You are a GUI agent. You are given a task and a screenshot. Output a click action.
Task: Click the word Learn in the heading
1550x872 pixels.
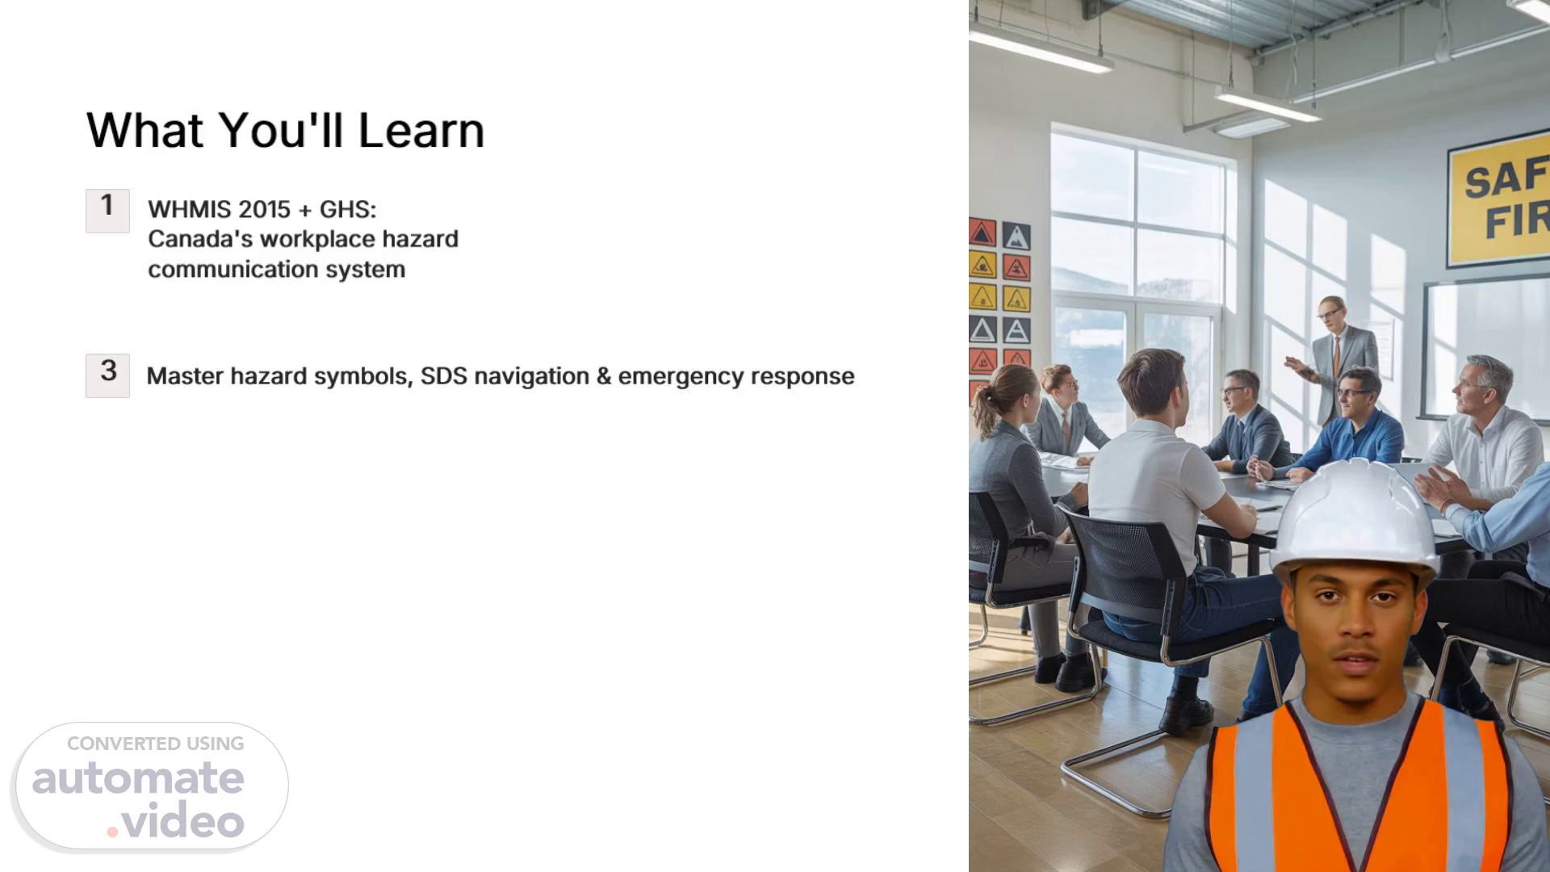(x=421, y=130)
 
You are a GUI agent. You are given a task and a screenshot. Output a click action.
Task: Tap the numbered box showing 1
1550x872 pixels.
(x=107, y=211)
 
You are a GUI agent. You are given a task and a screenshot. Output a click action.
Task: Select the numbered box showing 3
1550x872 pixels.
(x=107, y=375)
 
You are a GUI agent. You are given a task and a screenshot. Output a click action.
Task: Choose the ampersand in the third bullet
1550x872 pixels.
(x=604, y=376)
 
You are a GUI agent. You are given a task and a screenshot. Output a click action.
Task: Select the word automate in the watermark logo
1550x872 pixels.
(x=138, y=778)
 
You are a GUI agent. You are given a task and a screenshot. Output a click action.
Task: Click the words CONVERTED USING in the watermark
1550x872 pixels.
(x=155, y=744)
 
